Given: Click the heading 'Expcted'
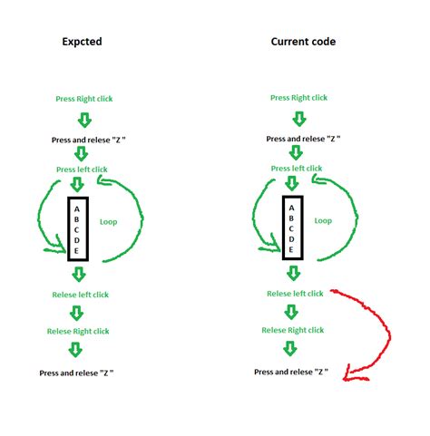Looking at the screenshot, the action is point(82,42).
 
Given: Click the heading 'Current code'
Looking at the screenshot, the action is point(303,42).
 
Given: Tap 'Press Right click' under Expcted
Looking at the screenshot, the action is point(84,99).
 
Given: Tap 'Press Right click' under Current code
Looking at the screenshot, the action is point(298,98).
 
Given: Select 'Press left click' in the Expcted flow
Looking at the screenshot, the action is point(82,170).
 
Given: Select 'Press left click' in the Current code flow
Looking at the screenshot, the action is point(297,169).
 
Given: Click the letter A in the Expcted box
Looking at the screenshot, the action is point(77,209).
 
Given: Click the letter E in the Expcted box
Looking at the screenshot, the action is point(76,251).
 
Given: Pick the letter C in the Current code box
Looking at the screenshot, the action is point(291,228).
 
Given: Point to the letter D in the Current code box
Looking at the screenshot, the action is point(291,239).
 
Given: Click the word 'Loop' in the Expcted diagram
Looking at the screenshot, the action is point(109,222).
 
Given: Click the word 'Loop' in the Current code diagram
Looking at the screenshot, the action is point(323,221).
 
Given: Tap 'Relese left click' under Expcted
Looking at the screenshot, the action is point(81,295).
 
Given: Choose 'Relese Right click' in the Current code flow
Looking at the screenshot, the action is point(293,330).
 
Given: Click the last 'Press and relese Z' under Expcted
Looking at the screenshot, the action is point(76,373).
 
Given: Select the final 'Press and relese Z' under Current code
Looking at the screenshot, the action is point(291,372).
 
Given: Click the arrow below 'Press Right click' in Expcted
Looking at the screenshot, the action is point(84,121).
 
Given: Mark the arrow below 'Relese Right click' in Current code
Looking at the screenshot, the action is point(290,348).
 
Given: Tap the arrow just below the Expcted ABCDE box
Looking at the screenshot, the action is point(79,275).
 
